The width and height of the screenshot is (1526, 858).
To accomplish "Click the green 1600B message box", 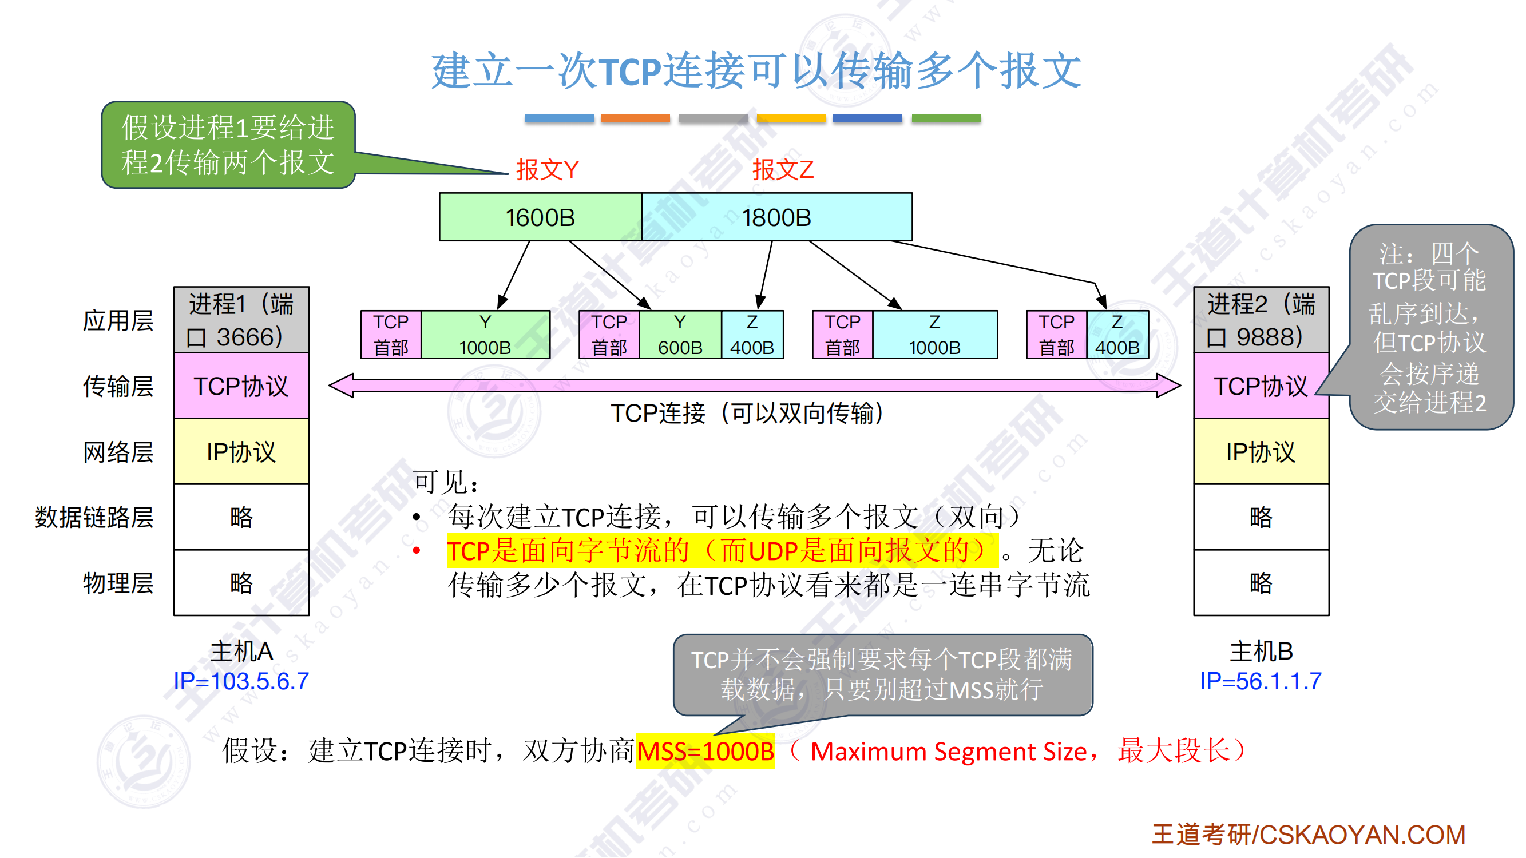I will (540, 217).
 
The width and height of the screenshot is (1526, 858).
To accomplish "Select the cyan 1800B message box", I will (776, 217).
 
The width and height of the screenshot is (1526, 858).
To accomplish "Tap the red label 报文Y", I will (547, 170).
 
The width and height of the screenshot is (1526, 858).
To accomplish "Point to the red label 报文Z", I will (783, 170).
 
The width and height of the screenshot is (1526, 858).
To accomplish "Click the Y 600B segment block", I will (680, 335).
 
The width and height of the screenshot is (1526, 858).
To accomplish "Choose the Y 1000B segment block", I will (485, 335).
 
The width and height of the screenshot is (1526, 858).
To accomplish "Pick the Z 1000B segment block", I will (934, 335).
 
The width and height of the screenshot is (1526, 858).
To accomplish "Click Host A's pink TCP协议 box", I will (241, 386).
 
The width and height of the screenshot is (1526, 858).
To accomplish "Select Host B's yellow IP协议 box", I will (1261, 452).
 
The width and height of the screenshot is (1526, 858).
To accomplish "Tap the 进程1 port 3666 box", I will (241, 320).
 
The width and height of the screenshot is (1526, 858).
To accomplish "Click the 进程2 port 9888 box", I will (1261, 320).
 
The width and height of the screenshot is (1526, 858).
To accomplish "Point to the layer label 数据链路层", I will (94, 518).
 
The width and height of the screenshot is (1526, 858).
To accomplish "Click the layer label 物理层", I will (118, 583).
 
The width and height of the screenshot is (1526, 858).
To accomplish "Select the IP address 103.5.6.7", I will (241, 681).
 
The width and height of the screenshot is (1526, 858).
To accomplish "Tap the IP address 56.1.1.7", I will (1261, 681).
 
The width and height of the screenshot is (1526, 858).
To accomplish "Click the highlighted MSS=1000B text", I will (705, 752).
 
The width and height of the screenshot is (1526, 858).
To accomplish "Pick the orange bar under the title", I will (635, 118).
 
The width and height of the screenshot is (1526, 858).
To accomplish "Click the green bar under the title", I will (946, 118).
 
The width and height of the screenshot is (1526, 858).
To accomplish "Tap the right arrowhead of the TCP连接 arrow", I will (1168, 386).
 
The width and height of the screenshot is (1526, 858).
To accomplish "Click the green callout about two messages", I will (228, 145).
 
